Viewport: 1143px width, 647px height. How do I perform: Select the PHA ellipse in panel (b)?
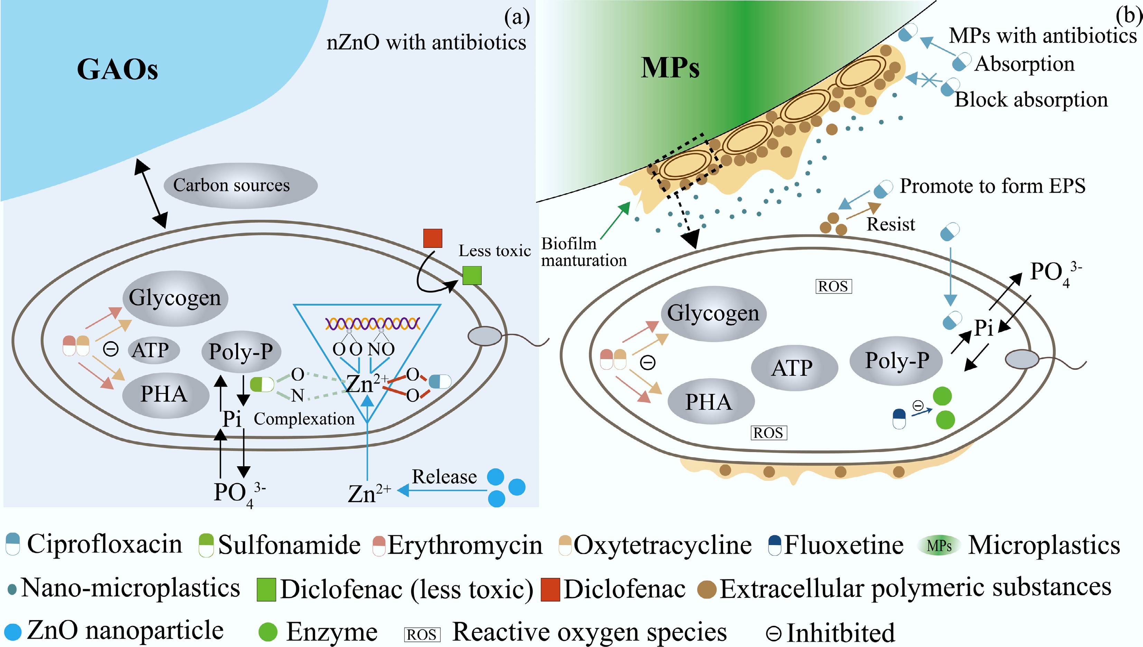click(710, 402)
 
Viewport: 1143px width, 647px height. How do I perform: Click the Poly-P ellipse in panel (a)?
click(241, 351)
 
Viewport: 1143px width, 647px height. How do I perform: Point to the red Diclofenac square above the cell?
click(432, 238)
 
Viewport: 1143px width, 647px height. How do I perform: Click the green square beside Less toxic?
click(472, 275)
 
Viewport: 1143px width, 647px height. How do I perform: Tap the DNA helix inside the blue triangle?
click(372, 323)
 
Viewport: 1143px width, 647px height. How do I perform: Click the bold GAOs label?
click(117, 69)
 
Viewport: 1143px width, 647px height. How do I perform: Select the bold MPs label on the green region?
click(670, 68)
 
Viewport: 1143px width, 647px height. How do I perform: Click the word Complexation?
click(304, 419)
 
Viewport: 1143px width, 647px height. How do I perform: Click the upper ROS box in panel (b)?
click(833, 287)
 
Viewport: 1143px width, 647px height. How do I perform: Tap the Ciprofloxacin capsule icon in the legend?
click(12, 544)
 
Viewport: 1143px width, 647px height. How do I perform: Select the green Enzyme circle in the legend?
click(268, 631)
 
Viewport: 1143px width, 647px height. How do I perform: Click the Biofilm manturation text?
click(583, 252)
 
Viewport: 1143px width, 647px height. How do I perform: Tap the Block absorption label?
click(1031, 100)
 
